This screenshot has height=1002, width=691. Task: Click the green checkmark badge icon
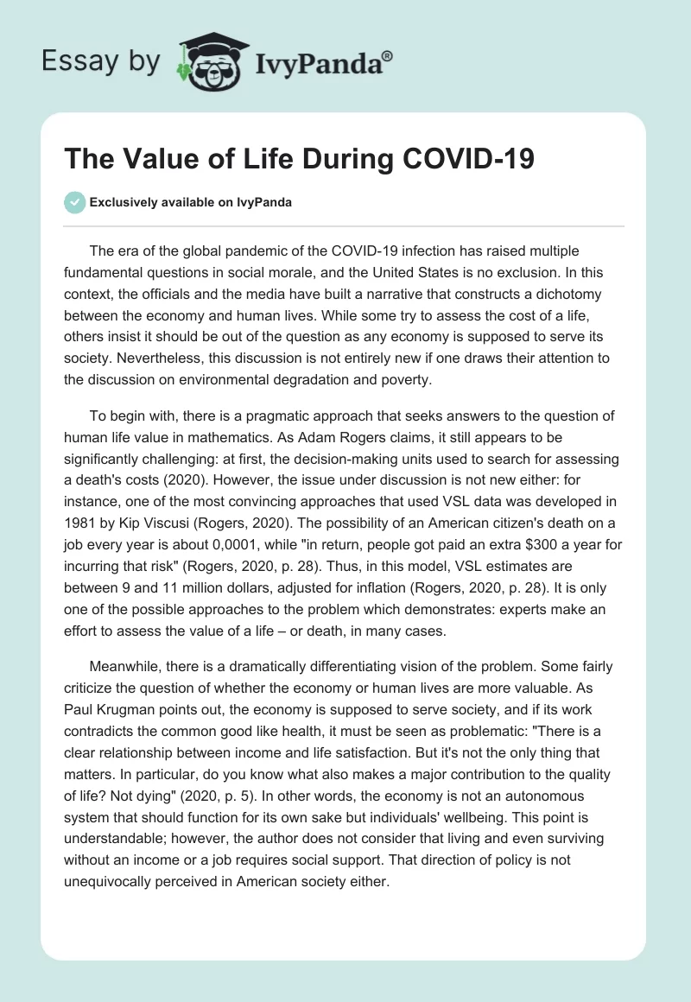pyautogui.click(x=74, y=202)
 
